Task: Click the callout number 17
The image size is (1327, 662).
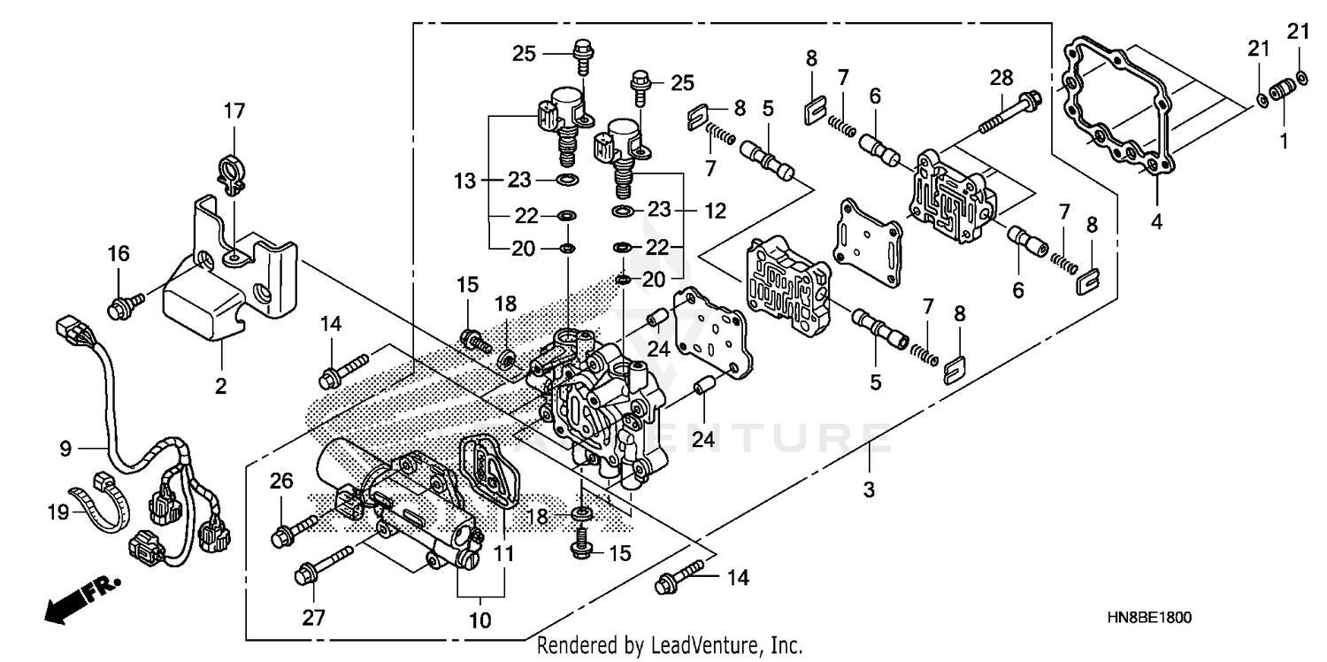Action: pos(234,112)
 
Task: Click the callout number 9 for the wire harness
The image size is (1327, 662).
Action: pos(65,449)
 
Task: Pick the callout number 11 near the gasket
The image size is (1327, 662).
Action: pos(503,556)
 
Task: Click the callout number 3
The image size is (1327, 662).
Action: pos(869,489)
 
